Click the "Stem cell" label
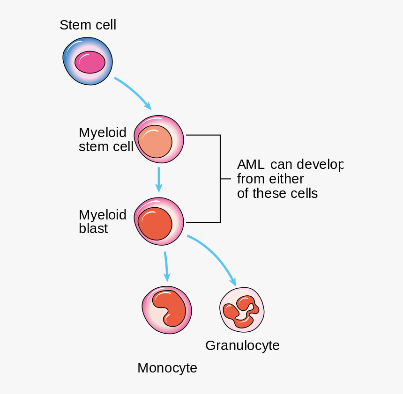[88, 25]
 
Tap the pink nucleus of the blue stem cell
[90, 62]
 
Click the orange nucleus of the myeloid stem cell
[155, 141]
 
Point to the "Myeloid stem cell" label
[105, 139]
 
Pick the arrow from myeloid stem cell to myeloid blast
[159, 179]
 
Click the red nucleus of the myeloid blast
[156, 224]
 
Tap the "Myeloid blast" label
[102, 221]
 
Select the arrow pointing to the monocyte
[166, 267]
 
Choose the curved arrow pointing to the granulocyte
[216, 255]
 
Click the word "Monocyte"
[167, 368]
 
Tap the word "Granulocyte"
[242, 345]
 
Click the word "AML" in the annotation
[251, 165]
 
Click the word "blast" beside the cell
[93, 228]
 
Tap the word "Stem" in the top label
[73, 25]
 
